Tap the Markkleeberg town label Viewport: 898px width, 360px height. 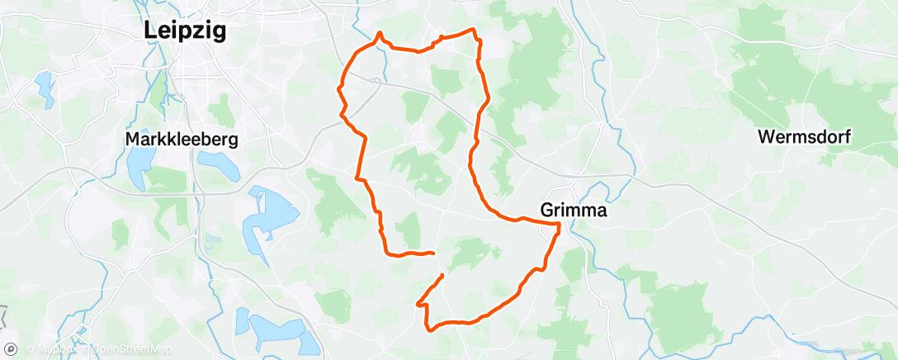(x=182, y=140)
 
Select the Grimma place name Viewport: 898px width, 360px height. (x=574, y=211)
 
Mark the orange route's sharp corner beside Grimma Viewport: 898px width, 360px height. (x=560, y=224)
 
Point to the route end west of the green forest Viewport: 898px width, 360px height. (x=433, y=253)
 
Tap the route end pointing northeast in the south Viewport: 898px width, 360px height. (x=443, y=275)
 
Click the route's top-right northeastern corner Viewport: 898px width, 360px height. (x=475, y=31)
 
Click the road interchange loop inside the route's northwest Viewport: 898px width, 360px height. (x=376, y=80)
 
